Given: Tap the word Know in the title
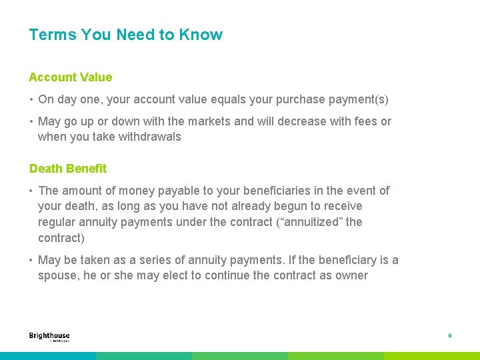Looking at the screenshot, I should pyautogui.click(x=201, y=35).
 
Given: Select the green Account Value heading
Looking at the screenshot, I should pyautogui.click(x=71, y=77).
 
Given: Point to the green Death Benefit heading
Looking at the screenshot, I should pyautogui.click(x=68, y=169).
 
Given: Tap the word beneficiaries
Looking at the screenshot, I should pyautogui.click(x=272, y=191).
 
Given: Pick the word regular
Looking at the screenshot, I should pyautogui.click(x=57, y=222).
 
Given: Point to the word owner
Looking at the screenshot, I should pyautogui.click(x=351, y=275).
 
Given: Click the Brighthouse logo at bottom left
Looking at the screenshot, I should pyautogui.click(x=49, y=337).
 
